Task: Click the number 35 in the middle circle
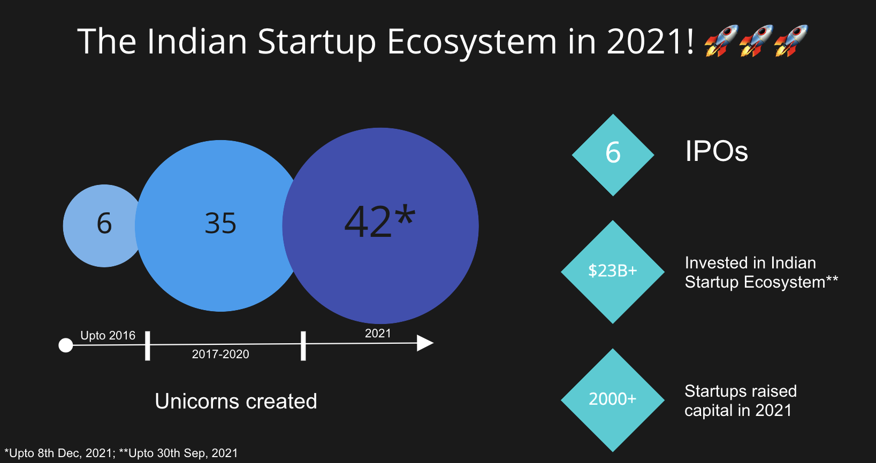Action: tap(220, 223)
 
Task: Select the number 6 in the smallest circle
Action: tap(104, 223)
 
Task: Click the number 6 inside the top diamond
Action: tap(613, 152)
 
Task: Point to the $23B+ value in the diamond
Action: tap(613, 271)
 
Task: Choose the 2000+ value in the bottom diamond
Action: tap(612, 399)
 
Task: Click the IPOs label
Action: tap(717, 151)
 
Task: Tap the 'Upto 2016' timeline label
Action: tap(108, 335)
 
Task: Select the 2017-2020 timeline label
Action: tap(220, 354)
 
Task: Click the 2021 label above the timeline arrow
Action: tap(378, 333)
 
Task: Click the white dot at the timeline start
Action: tap(66, 345)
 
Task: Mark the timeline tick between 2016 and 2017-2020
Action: tap(148, 346)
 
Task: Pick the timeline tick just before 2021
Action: tap(303, 346)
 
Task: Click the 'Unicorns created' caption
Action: tap(236, 402)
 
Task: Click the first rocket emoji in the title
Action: tap(721, 41)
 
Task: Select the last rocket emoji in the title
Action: tap(791, 41)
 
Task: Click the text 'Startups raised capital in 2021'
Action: tap(741, 400)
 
